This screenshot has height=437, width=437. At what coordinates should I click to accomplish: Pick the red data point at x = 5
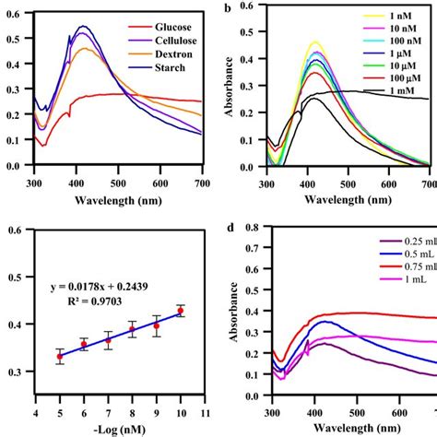[x=60, y=356]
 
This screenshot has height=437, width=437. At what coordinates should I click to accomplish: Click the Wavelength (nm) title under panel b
[x=353, y=198]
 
